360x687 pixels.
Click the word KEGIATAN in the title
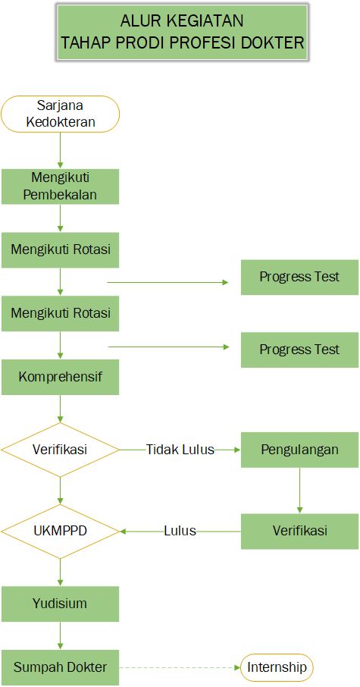(207, 20)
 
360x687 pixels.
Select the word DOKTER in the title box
(272, 43)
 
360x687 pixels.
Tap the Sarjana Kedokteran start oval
(60, 114)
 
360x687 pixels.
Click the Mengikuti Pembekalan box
(60, 187)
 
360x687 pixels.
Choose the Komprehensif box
(60, 377)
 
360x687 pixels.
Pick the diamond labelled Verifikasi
(60, 450)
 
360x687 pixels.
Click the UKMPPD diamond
(60, 531)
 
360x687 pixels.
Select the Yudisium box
(60, 604)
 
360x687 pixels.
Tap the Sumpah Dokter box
(60, 667)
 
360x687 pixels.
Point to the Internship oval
(277, 667)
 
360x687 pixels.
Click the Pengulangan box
(300, 450)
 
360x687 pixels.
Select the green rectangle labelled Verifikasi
(300, 531)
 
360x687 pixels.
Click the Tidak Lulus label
(180, 450)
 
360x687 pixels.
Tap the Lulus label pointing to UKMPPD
(180, 531)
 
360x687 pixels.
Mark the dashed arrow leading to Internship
(180, 667)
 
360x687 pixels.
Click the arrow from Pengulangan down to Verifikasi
(300, 491)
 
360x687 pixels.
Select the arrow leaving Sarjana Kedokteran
(60, 150)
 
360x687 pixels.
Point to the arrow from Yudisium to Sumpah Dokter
(60, 635)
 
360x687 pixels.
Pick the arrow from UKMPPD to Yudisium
(60, 572)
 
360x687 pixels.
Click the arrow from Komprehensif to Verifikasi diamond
(60, 409)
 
